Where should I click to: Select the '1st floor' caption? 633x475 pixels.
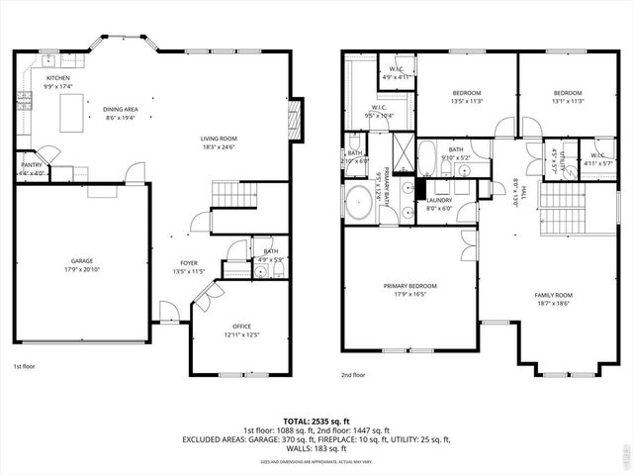pyautogui.click(x=26, y=366)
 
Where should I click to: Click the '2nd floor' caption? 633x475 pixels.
pyautogui.click(x=353, y=375)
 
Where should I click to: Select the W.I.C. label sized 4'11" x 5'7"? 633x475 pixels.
pyautogui.click(x=597, y=158)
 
